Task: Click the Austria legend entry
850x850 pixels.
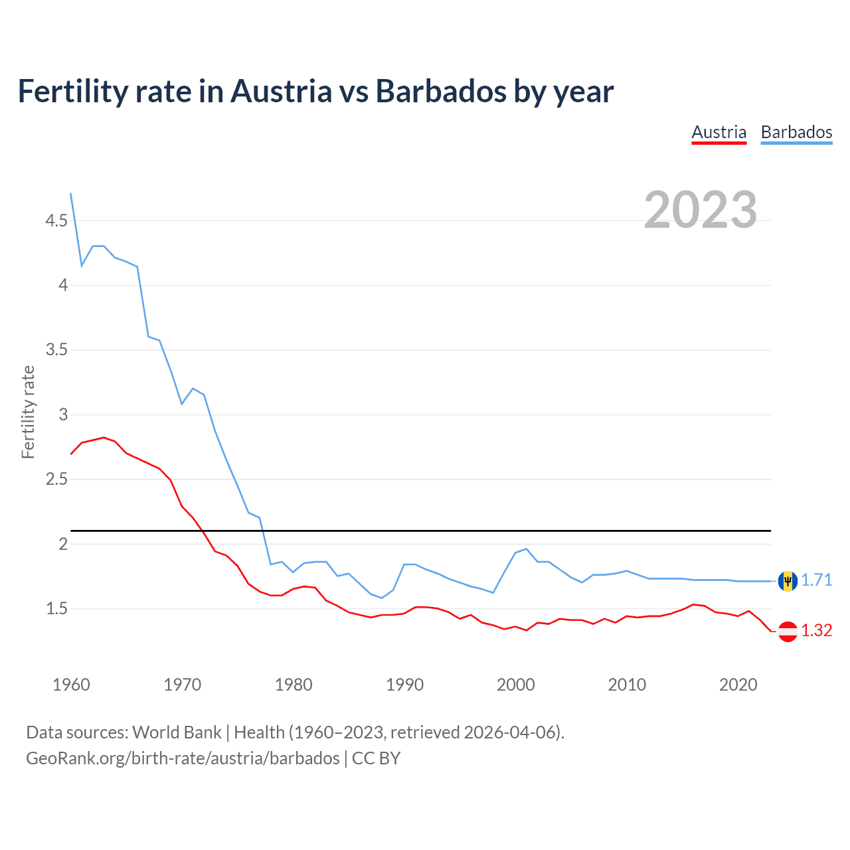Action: (719, 132)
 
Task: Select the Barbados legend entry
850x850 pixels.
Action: (796, 132)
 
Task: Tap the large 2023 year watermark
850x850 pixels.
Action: (700, 210)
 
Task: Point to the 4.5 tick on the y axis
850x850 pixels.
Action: (56, 220)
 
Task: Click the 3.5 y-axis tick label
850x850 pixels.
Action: (56, 350)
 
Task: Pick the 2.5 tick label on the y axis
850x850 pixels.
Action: (56, 479)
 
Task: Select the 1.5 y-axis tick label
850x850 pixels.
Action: (56, 609)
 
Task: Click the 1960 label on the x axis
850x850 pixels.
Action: (71, 685)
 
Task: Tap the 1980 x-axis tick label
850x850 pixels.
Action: (294, 685)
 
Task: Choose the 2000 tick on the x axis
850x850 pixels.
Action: (515, 685)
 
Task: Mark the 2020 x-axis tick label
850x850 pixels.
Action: (738, 685)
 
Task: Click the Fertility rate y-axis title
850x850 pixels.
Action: (28, 412)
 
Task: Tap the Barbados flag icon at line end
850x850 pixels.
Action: (788, 581)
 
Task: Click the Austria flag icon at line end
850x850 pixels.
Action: (788, 631)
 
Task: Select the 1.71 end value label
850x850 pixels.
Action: (816, 580)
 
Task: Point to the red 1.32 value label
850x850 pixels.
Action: (816, 631)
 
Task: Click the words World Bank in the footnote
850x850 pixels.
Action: (177, 732)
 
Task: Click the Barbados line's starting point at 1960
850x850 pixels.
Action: (71, 194)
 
